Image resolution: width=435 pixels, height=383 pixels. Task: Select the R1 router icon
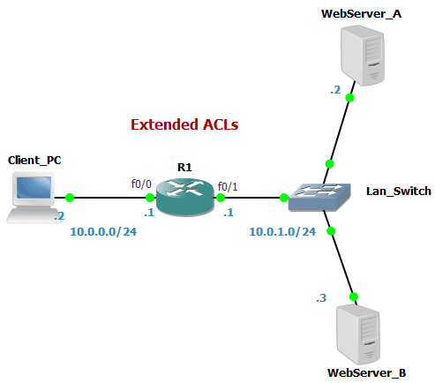coord(185,197)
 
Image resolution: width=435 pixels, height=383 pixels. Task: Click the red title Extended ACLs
coord(185,124)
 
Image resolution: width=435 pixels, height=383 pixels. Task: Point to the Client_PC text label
coord(34,160)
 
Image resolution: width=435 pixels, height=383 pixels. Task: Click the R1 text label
coord(184,166)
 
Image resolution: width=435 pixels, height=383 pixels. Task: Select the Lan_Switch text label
coord(398,191)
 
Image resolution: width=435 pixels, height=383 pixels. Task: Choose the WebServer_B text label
coord(366,373)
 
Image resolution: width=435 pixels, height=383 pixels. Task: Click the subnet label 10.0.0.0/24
coord(101,232)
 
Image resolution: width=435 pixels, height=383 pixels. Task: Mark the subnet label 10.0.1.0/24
coord(282,232)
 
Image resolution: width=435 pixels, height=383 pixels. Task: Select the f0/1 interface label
coord(228,184)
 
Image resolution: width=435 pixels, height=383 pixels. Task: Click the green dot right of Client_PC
coord(69,198)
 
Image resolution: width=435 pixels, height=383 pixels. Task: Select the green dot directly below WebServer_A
coord(350,98)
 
